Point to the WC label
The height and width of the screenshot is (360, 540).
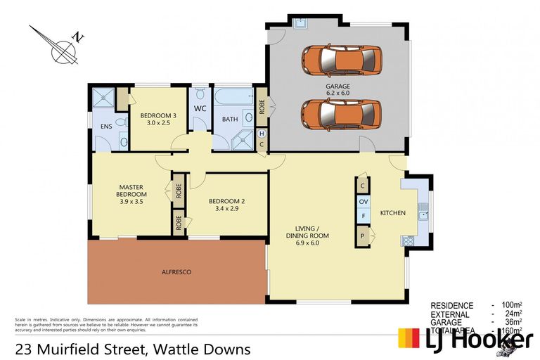pos(199,109)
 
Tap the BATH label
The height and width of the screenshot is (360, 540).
pos(230,120)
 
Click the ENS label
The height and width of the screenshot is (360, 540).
pos(106,127)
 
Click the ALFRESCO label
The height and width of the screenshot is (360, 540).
pos(176,271)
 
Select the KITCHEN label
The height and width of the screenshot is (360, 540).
pos(392,212)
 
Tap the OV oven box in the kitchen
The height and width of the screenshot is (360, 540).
pos(364,202)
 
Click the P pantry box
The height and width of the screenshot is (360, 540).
pos(364,236)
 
